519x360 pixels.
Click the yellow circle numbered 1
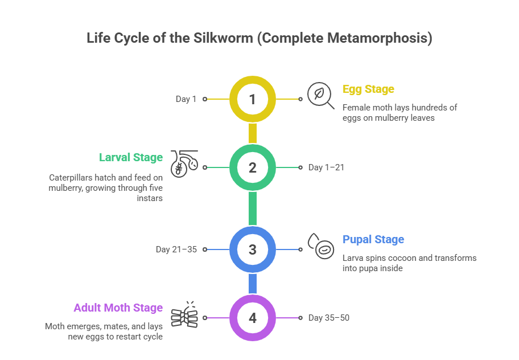pyautogui.click(x=253, y=99)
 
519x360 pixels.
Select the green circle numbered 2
pyautogui.click(x=253, y=167)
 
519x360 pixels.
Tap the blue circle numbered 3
pyautogui.click(x=253, y=249)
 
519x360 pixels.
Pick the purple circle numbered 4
pyautogui.click(x=253, y=318)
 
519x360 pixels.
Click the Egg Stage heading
pyautogui.click(x=368, y=89)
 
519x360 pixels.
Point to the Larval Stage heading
pyautogui.click(x=131, y=158)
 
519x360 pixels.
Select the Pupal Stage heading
pyautogui.click(x=373, y=240)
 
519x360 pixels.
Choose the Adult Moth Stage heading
pyautogui.click(x=118, y=308)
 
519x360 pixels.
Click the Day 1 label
pyautogui.click(x=186, y=99)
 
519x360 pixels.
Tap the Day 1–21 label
pyautogui.click(x=326, y=167)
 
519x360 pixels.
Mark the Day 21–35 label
pyautogui.click(x=176, y=249)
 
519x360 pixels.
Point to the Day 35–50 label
pyautogui.click(x=329, y=318)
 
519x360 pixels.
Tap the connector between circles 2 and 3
pyautogui.click(x=253, y=208)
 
